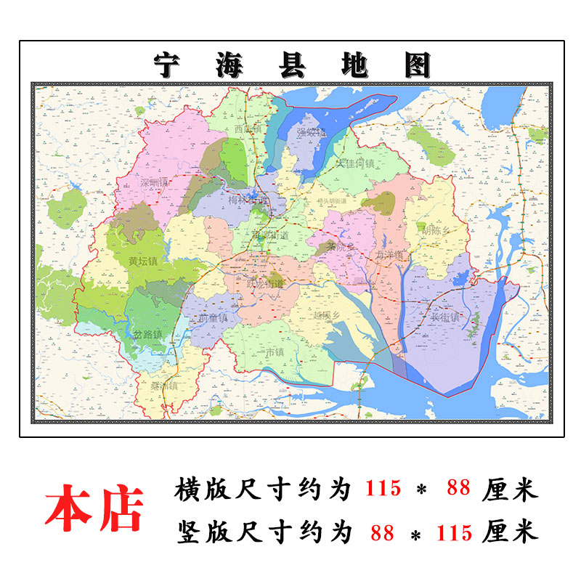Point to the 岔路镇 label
147,334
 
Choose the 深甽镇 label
154,182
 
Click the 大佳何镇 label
358,164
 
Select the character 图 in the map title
416,65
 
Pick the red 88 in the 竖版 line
382,533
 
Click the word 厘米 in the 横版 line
511,489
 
